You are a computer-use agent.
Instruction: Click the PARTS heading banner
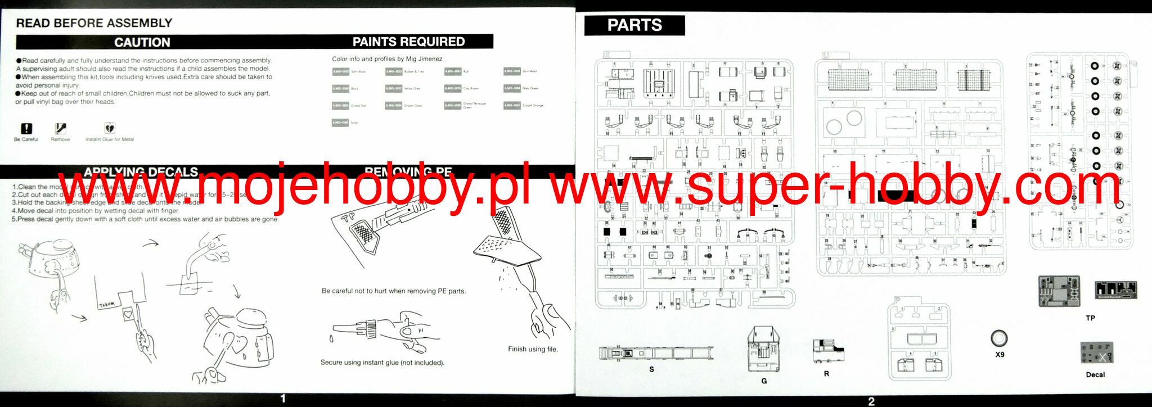634,25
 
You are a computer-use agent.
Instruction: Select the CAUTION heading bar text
142,42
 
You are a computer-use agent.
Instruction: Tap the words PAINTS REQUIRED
408,42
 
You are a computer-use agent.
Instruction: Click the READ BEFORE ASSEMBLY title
94,23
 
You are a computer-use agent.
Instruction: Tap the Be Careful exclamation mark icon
26,129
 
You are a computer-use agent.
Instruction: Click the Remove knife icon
60,129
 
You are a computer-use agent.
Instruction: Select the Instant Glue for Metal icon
109,129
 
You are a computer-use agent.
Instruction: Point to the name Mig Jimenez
424,59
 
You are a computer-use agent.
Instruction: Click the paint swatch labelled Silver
340,123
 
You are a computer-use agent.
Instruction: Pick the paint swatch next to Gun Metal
512,71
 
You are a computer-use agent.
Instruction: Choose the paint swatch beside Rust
452,71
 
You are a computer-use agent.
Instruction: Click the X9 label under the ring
1000,355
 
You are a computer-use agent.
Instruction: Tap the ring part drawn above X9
999,338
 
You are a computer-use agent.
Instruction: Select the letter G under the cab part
764,381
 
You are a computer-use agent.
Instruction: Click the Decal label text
1095,374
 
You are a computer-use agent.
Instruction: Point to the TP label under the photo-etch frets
1090,318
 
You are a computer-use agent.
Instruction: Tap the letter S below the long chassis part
651,369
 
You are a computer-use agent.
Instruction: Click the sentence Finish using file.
533,349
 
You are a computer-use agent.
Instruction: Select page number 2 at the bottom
871,401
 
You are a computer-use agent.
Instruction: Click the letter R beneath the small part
826,374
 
